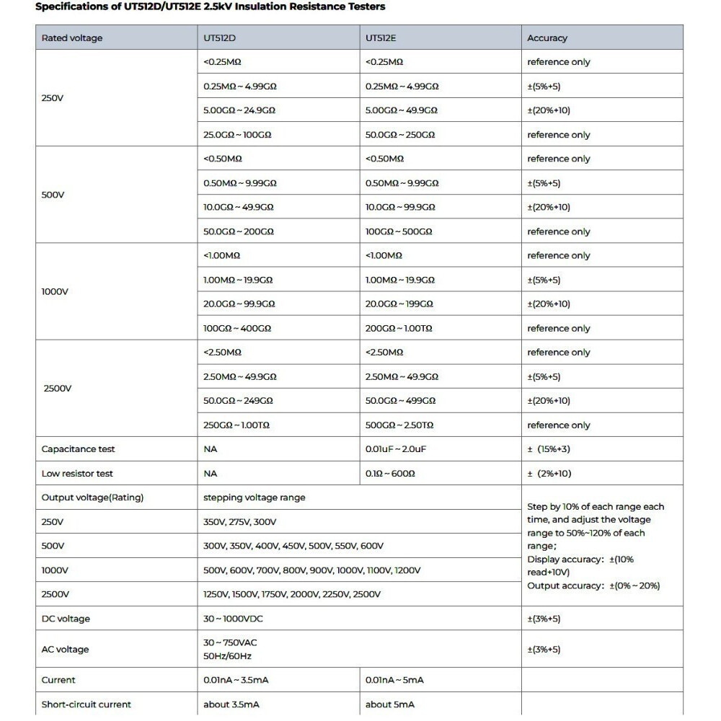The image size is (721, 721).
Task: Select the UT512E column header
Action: click(x=380, y=38)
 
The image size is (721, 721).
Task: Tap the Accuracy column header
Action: click(x=547, y=38)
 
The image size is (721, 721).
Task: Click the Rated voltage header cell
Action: click(x=72, y=38)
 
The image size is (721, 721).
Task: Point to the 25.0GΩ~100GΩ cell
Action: click(x=237, y=135)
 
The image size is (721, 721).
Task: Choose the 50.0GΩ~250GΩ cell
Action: click(x=400, y=135)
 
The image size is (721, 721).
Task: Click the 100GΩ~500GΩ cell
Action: click(x=399, y=231)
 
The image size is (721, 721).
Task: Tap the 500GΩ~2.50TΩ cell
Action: click(x=399, y=425)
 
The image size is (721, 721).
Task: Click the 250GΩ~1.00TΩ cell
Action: click(x=236, y=425)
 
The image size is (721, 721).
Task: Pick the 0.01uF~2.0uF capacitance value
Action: click(x=396, y=449)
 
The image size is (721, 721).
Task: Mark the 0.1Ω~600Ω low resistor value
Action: click(x=390, y=474)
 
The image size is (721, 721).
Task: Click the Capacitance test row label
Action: click(x=79, y=449)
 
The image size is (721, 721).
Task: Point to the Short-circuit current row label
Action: click(x=87, y=704)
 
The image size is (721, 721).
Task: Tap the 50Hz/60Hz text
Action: click(x=227, y=656)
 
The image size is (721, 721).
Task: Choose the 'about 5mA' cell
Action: click(x=390, y=704)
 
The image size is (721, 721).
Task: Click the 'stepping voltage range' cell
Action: click(x=255, y=497)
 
